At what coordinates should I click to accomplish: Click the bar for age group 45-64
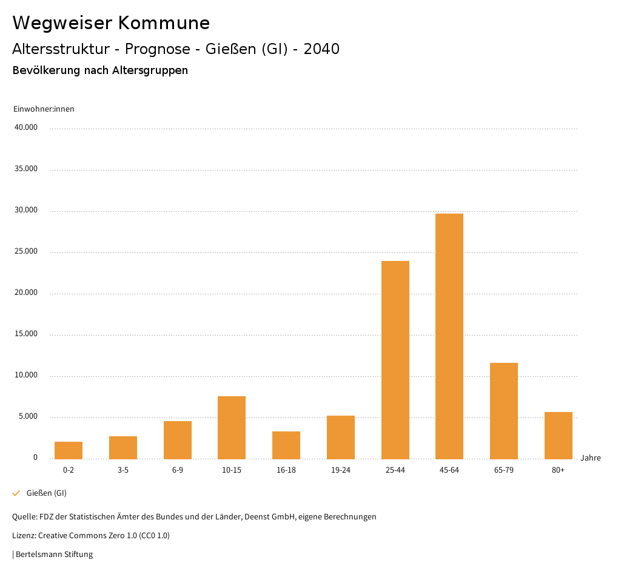449,336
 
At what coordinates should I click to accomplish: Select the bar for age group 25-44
395,360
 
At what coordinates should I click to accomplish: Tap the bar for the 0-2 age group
69,450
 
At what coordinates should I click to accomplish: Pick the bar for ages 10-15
232,427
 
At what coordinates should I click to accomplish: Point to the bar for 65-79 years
504,411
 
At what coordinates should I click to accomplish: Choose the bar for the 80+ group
559,435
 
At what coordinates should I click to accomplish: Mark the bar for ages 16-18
286,445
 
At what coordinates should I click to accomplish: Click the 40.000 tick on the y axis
26,127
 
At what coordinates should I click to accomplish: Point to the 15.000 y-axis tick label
26,334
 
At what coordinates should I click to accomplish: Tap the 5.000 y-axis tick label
28,416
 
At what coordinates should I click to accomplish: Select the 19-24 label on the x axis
341,470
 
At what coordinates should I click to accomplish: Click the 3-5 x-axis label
123,470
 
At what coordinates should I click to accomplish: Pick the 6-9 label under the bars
178,470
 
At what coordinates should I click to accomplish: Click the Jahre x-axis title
590,458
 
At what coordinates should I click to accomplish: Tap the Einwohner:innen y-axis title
44,109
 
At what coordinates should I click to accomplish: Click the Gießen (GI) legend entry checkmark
16,493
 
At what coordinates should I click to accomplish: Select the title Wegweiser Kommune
111,23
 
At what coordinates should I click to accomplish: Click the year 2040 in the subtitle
321,49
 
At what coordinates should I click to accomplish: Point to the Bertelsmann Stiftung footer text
54,554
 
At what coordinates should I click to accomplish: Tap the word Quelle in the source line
24,517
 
